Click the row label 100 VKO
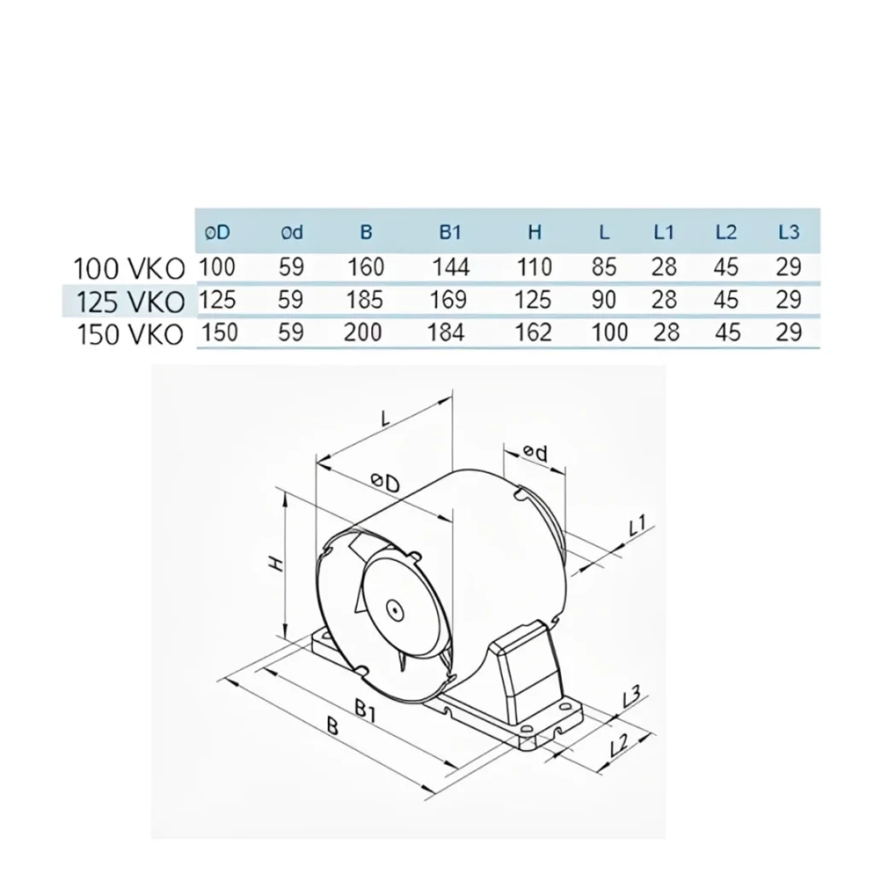130,269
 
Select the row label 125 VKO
130,301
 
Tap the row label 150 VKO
130,334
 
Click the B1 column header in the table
450,231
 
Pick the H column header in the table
534,231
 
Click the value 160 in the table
365,267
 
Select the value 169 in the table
450,300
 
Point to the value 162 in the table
534,332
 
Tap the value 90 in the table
603,300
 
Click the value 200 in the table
363,332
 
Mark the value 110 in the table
534,267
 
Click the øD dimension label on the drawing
386,483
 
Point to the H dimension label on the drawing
275,564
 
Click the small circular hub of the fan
394,609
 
